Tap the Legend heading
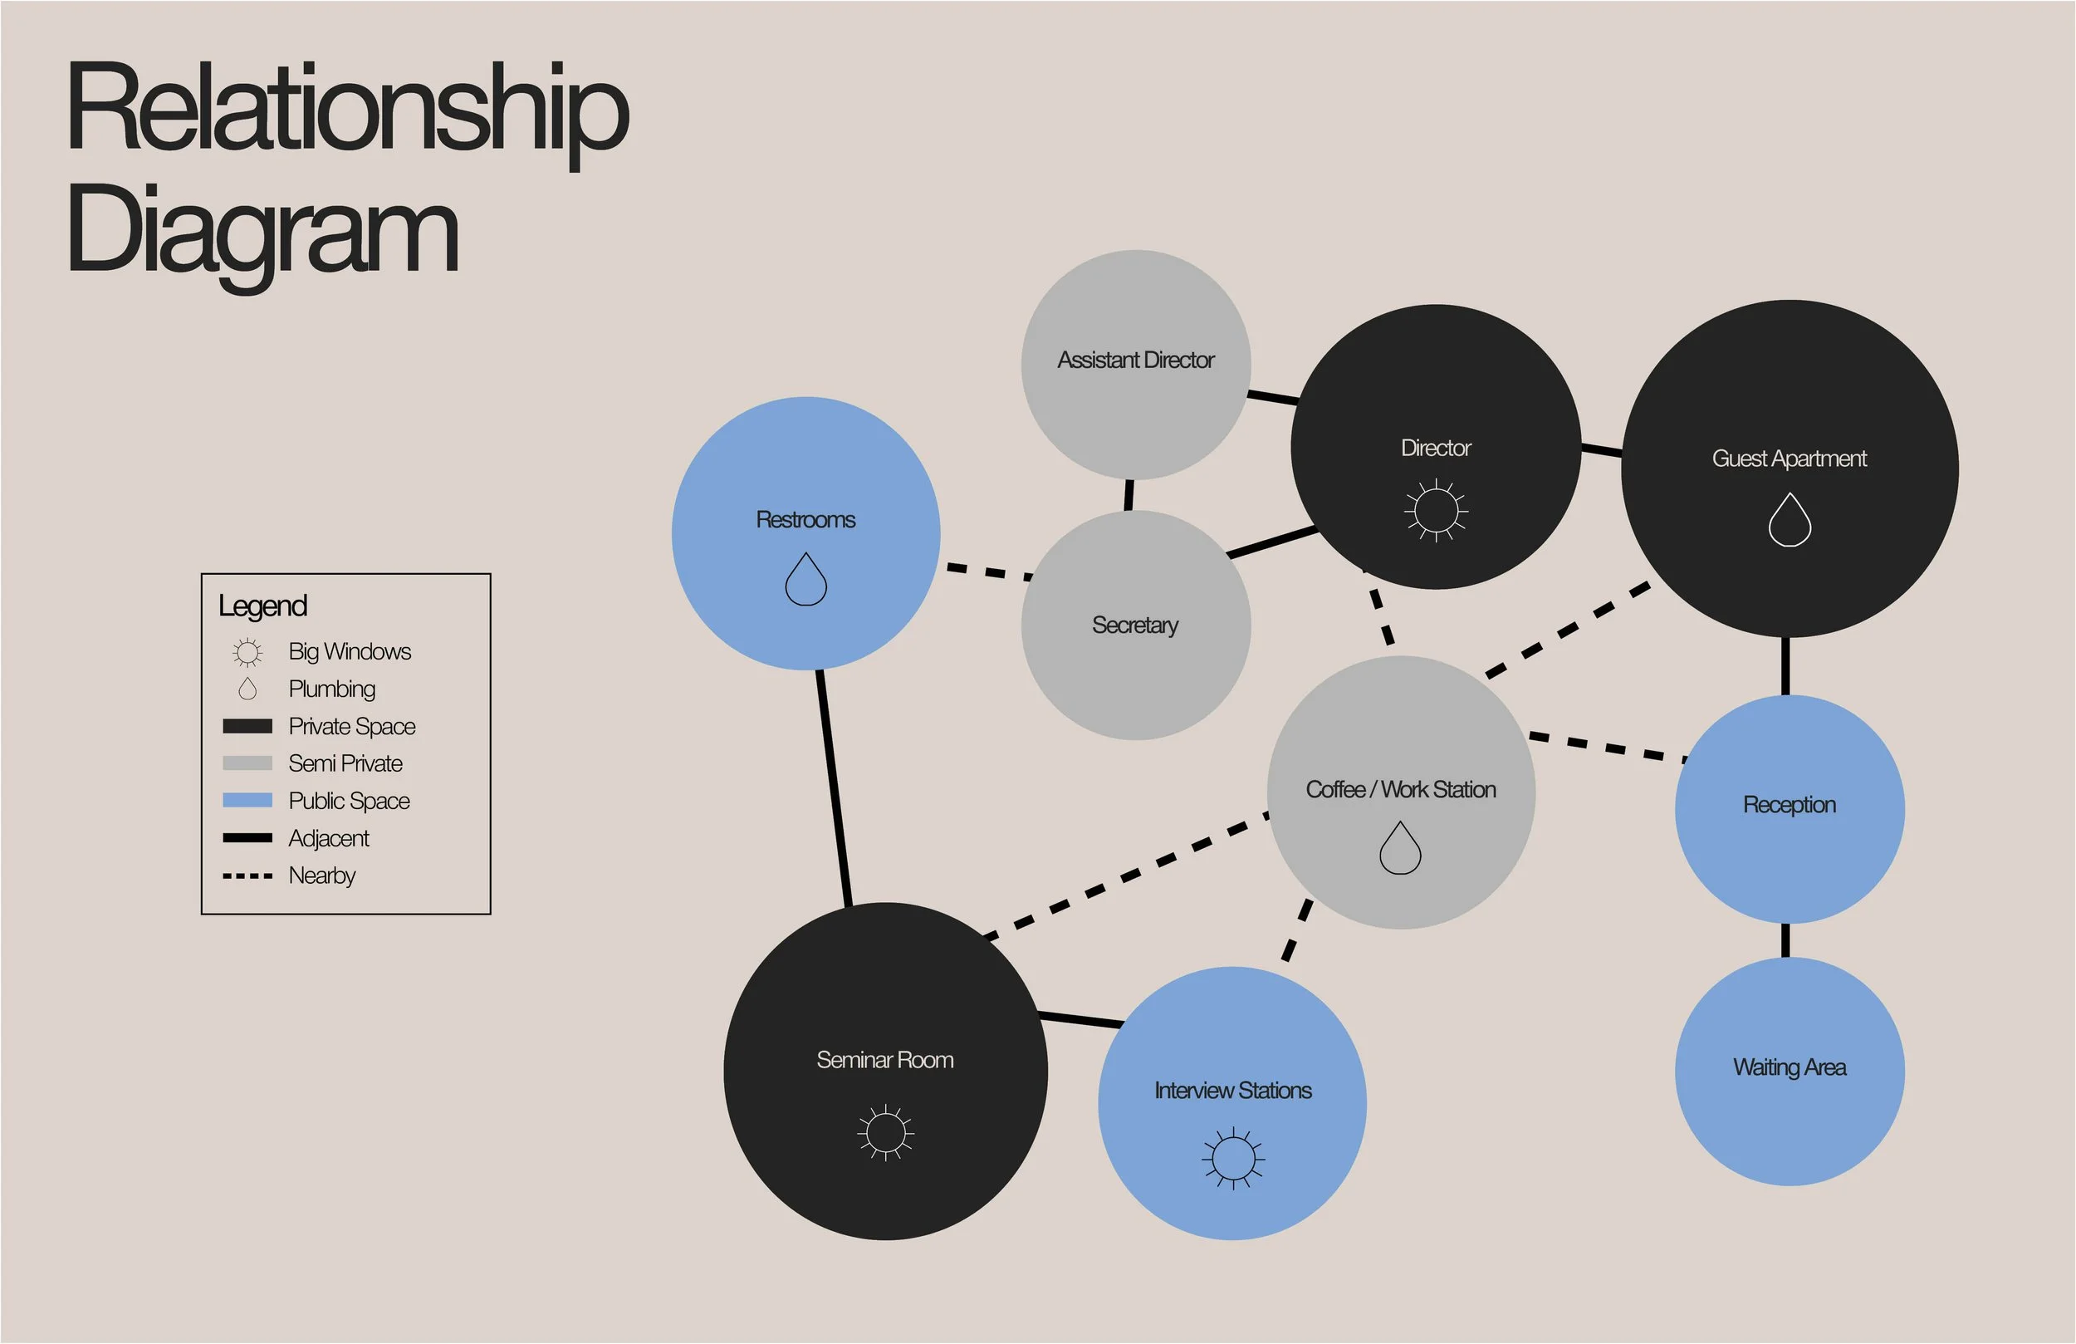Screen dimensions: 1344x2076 point(262,606)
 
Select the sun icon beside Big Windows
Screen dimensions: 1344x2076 point(247,652)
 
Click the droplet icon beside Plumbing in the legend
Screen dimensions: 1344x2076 point(247,689)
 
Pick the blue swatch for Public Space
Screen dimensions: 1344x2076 point(247,800)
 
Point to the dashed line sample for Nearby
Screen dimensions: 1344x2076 point(247,876)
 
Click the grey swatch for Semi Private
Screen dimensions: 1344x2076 point(247,763)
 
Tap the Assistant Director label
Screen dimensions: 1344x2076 point(1136,360)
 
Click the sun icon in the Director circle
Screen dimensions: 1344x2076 point(1436,510)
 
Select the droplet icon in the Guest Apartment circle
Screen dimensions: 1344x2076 point(1790,520)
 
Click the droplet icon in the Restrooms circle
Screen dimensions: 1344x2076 point(806,580)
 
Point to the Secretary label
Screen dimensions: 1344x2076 point(1135,625)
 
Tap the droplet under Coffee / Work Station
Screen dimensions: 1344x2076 point(1400,848)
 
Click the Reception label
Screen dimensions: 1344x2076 point(1789,805)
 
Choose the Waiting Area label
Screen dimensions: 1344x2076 point(1789,1067)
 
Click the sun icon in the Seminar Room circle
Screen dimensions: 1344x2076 point(885,1133)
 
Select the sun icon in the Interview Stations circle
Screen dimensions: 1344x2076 point(1233,1158)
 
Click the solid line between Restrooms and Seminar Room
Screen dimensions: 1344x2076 point(833,786)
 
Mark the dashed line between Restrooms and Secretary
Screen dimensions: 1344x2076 point(989,571)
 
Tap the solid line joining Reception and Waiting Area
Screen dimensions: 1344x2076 point(1785,941)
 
